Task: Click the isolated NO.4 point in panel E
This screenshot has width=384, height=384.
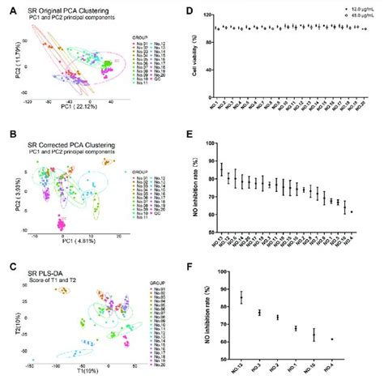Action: click(x=352, y=211)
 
